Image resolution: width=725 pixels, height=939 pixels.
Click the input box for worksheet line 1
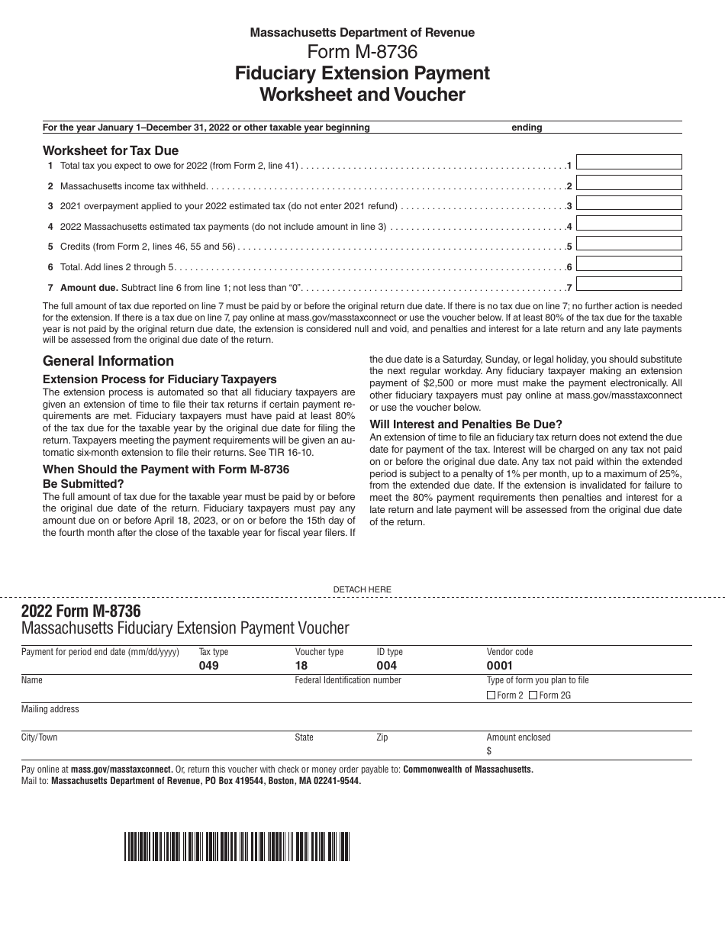pyautogui.click(x=629, y=162)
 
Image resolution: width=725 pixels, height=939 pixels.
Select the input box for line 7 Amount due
pyautogui.click(x=629, y=283)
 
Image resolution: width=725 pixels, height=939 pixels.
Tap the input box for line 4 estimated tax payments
pyautogui.click(x=629, y=223)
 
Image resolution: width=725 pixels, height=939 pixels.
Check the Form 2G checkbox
pyautogui.click(x=533, y=695)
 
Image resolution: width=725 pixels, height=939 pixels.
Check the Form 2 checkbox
pyautogui.click(x=491, y=695)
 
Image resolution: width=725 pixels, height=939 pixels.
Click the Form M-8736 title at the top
pyautogui.click(x=362, y=52)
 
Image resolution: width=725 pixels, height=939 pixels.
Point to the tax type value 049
pyautogui.click(x=208, y=666)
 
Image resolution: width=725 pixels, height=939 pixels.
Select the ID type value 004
pyautogui.click(x=386, y=666)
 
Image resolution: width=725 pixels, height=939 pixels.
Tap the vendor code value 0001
pyautogui.click(x=500, y=666)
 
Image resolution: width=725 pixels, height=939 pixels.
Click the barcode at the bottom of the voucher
pyautogui.click(x=237, y=847)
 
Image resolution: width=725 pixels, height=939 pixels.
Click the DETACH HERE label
pyautogui.click(x=362, y=589)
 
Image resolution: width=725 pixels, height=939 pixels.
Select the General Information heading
pyautogui.click(x=108, y=361)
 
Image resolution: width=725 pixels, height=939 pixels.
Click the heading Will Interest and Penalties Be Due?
pyautogui.click(x=466, y=424)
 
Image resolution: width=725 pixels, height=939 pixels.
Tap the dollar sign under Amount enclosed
pyautogui.click(x=489, y=751)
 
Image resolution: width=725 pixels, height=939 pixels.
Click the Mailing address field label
pyautogui.click(x=50, y=709)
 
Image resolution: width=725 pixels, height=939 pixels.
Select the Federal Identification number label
pyautogui.click(x=348, y=680)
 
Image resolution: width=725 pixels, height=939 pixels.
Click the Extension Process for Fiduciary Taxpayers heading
pyautogui.click(x=159, y=379)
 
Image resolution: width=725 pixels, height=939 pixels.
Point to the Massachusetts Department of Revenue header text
pyautogui.click(x=362, y=33)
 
